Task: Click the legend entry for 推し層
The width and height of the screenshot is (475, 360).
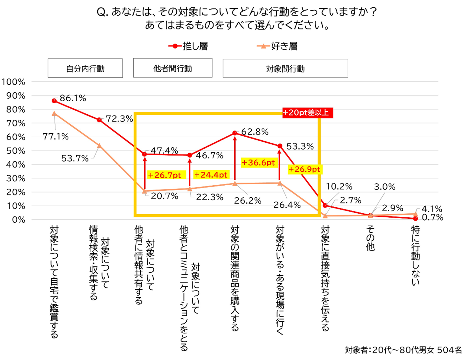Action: pos(188,46)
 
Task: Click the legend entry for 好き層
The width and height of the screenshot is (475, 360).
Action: pos(277,46)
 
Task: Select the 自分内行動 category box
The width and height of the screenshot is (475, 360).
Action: pos(85,68)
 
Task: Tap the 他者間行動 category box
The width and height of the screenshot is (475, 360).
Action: pos(173,68)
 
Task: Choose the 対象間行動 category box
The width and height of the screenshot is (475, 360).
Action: pos(285,68)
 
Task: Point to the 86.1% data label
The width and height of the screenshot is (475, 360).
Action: pos(73,98)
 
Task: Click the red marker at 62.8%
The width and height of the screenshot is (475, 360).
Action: pos(235,133)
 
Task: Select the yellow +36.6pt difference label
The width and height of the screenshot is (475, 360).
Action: pos(258,162)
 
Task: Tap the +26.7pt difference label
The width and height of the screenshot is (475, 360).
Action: pos(164,175)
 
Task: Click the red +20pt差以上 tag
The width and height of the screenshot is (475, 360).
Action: pos(307,112)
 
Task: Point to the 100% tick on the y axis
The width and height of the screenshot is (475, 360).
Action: pos(13,82)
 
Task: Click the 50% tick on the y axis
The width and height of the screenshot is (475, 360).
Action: pos(15,151)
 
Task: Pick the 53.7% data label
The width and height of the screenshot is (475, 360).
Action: pos(75,158)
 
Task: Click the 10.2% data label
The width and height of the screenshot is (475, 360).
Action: pos(339,187)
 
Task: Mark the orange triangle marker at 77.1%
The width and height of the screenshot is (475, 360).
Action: pos(54,114)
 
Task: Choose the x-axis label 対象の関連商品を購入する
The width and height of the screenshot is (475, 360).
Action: pos(235,278)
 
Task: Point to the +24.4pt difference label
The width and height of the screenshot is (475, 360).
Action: pos(211,175)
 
